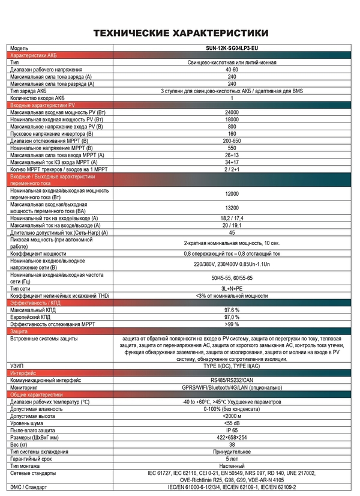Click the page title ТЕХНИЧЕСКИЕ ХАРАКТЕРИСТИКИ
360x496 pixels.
tap(180, 32)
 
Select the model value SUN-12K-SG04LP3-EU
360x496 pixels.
tap(232, 47)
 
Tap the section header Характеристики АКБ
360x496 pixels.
tap(34, 55)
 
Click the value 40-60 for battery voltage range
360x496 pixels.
tap(232, 70)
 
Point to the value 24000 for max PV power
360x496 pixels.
tap(232, 112)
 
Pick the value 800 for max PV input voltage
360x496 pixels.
tap(232, 127)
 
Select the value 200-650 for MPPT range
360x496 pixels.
tap(232, 141)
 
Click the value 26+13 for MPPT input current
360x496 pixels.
tap(232, 155)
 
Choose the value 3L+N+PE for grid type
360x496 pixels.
tap(232, 289)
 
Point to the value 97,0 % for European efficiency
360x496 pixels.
tap(232, 316)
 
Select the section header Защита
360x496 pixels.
tap(20, 331)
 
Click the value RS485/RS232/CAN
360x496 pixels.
tap(232, 380)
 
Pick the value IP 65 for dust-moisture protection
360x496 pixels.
tap(232, 430)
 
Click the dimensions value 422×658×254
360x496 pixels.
tap(232, 437)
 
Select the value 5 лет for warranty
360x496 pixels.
tap(232, 458)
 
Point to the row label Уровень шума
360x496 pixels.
tap(27, 423)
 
